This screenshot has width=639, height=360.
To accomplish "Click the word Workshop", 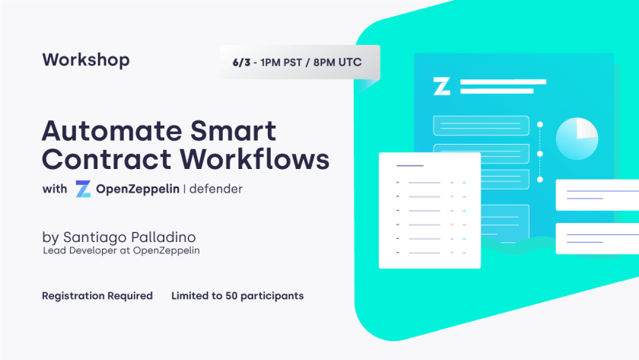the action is coord(86,60).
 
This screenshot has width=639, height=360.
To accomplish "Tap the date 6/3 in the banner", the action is coord(241,62).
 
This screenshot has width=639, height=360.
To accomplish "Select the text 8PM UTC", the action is coord(338,62).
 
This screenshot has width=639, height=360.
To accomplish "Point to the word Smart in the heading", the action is coord(234,130).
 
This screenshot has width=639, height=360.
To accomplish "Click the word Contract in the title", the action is coord(106,158).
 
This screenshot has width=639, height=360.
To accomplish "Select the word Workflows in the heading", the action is coord(255,158).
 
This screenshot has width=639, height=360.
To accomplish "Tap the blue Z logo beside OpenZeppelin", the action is coord(83,190).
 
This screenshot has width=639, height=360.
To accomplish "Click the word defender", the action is coord(216,189).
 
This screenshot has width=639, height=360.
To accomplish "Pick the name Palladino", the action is coord(163,237).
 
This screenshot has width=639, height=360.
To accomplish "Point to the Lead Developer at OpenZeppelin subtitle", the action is coord(122,250).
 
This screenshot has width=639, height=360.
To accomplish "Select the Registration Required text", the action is coord(97,295).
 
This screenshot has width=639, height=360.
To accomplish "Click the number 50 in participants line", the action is coord(231,295).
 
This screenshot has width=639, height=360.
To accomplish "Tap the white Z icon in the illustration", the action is coord(442,86).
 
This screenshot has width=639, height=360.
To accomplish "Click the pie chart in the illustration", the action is coord(577,139).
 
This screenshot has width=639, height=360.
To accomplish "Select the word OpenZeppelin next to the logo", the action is coord(138,189).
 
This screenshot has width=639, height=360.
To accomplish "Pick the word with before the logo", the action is coord(55,189).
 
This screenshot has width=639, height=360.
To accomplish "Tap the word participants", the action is coord(272,296).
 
